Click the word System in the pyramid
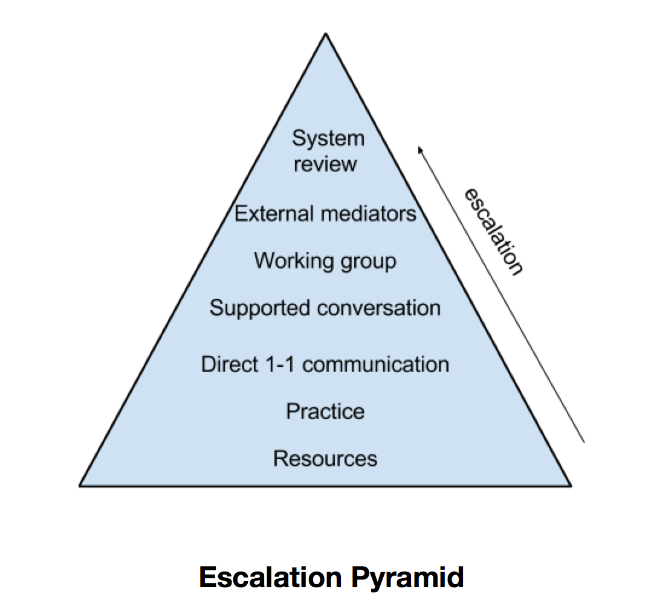coord(328,138)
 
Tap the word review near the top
coord(325,164)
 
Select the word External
coord(274,213)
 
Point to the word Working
coord(294,261)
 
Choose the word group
coord(368,262)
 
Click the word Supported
coord(260,309)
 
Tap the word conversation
coord(379,308)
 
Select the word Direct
coord(230,364)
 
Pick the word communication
coord(376,364)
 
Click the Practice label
coord(325,411)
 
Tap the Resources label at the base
coord(325,459)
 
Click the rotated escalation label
coord(494,231)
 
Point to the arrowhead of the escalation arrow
coord(419,149)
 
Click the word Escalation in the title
coord(271,577)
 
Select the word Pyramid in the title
coord(407,579)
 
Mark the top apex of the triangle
coord(326,33)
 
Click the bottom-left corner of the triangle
coord(80,486)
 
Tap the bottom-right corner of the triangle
coord(571,486)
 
